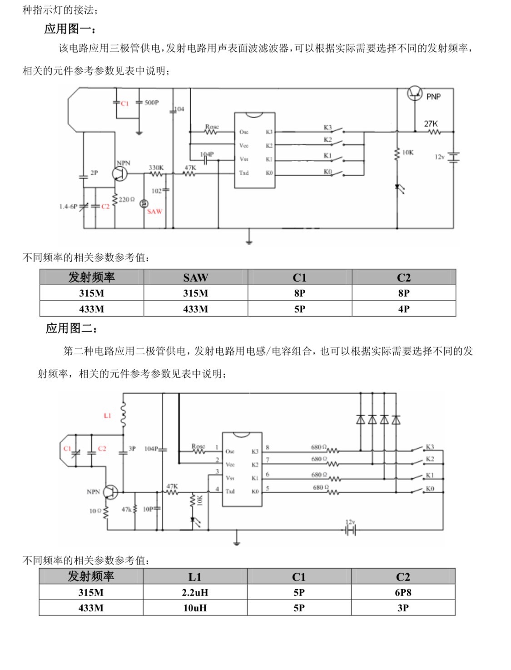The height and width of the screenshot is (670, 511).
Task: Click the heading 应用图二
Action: tap(71, 328)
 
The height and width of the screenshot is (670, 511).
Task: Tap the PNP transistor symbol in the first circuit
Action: tap(414, 94)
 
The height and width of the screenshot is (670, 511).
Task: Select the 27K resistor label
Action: tap(431, 124)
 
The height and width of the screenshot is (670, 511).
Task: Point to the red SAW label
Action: tap(154, 211)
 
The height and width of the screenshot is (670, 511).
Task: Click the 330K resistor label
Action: tap(156, 168)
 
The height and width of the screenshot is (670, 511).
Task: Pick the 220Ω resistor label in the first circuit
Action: tap(127, 199)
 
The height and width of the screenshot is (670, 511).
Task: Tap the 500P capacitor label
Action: tap(152, 103)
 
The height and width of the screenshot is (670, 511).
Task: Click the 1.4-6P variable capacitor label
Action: tap(68, 206)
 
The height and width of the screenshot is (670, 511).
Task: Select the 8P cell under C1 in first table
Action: tap(299, 293)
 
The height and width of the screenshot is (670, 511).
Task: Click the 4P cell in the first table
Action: tap(403, 309)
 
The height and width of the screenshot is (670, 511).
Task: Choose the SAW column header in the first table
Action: tap(195, 278)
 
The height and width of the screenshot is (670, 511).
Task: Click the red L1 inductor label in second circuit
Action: tap(107, 415)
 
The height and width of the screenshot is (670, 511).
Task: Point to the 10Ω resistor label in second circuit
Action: tap(95, 511)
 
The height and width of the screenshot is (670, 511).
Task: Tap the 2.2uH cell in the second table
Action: tap(195, 592)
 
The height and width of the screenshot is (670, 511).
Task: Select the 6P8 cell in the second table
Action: tap(403, 592)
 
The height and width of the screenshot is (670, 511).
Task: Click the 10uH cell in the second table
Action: tap(195, 608)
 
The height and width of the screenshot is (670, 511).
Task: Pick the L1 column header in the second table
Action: tap(195, 577)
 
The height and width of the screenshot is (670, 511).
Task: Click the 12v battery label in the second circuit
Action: tap(350, 522)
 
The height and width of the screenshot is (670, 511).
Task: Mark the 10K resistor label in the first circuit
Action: tap(408, 153)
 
